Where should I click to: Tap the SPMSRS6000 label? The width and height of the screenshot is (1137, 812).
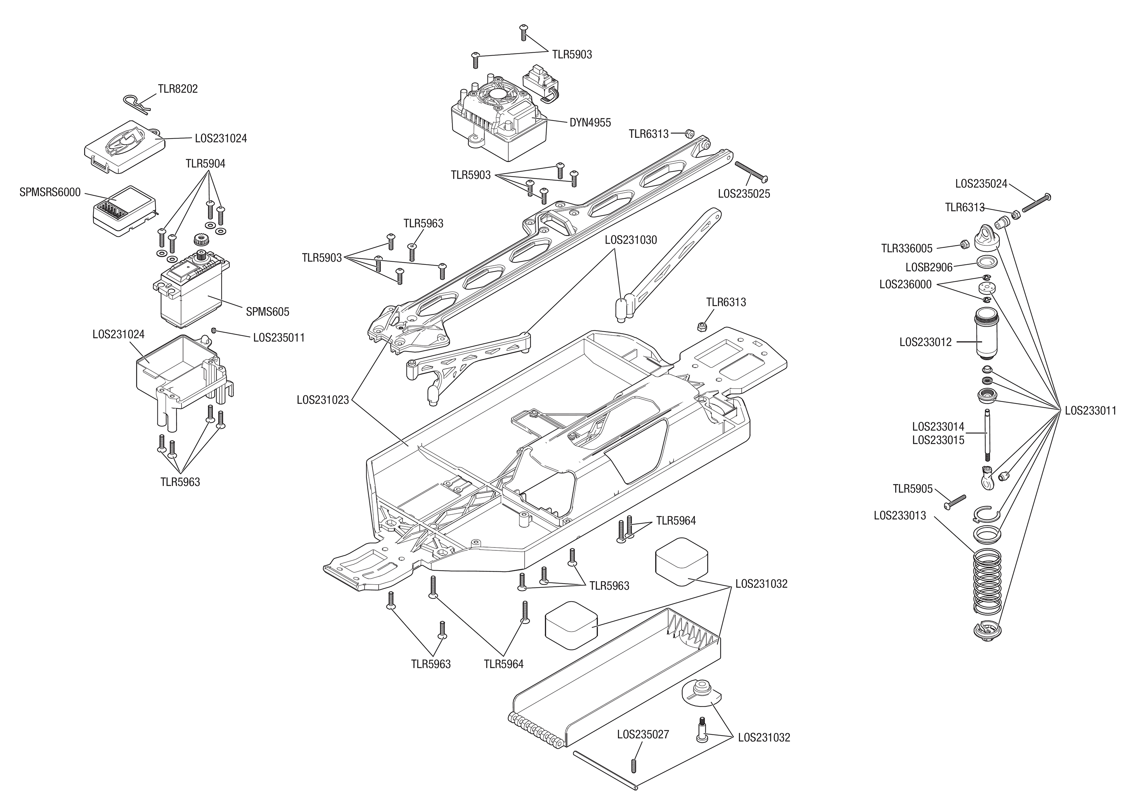pyautogui.click(x=50, y=192)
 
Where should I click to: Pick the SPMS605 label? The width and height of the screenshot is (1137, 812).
pyautogui.click(x=267, y=312)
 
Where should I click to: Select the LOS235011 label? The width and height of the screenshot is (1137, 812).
pyautogui.click(x=279, y=337)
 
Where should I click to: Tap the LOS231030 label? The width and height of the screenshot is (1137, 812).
pyautogui.click(x=631, y=240)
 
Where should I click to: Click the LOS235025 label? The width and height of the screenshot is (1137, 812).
pyautogui.click(x=744, y=194)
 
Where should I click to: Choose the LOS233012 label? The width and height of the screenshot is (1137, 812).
pyautogui.click(x=925, y=342)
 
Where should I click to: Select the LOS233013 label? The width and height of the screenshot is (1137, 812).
pyautogui.click(x=900, y=515)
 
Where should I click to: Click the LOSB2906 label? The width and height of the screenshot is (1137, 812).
pyautogui.click(x=929, y=267)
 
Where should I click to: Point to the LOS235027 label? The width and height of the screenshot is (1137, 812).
pyautogui.click(x=643, y=734)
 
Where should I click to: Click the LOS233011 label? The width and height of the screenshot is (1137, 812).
pyautogui.click(x=1090, y=411)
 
